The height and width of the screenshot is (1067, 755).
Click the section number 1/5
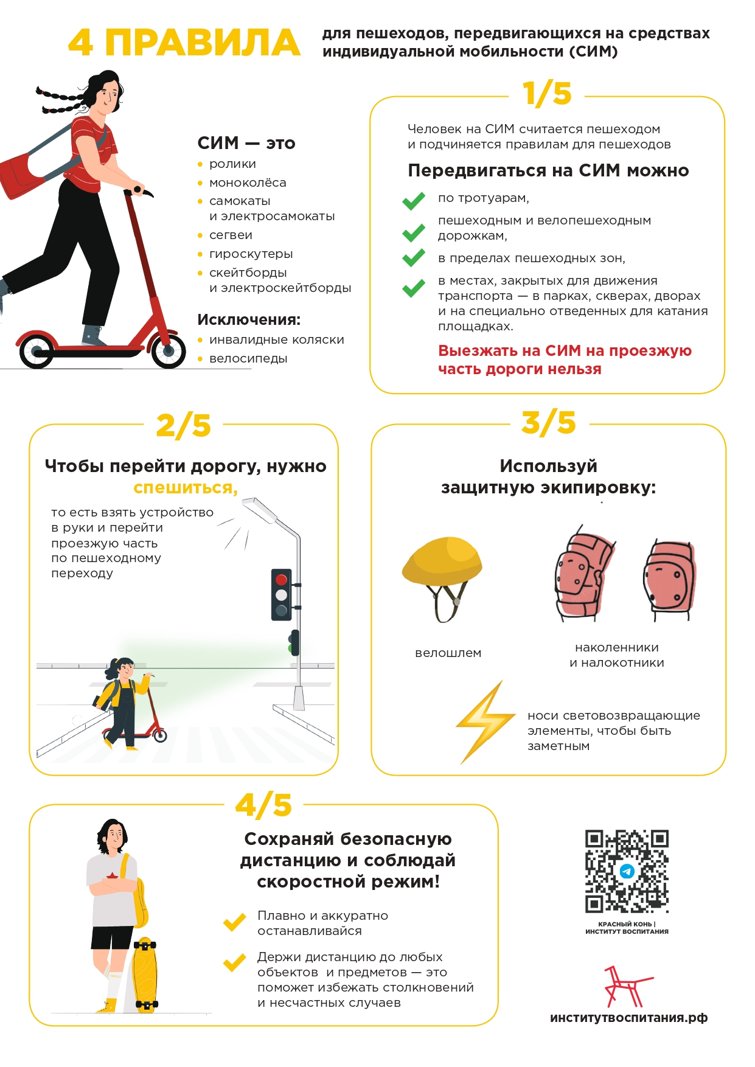[547, 94]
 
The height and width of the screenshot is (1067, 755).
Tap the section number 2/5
[183, 425]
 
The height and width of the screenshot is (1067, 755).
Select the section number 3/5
[548, 423]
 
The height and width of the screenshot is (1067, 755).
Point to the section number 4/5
[263, 805]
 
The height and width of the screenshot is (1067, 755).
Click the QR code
[627, 871]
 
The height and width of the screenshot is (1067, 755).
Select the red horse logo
[625, 986]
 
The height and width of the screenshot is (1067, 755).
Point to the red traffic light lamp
[281, 580]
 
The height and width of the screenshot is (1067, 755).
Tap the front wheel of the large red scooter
[168, 351]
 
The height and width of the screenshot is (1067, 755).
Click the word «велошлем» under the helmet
[448, 653]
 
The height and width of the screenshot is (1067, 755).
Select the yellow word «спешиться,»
[186, 488]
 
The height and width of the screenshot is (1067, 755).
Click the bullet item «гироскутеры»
[251, 254]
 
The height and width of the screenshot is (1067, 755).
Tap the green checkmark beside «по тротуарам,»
[414, 201]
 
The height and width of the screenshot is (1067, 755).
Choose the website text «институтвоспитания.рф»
[628, 1018]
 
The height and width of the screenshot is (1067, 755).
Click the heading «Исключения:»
[249, 320]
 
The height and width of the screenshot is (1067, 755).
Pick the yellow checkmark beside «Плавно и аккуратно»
[234, 922]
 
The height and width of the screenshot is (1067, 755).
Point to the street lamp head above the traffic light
[259, 510]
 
